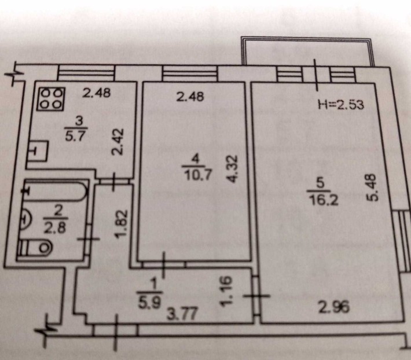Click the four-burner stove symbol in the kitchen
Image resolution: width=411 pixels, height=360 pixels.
[50, 99]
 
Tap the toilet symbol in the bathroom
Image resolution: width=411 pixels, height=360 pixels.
[35, 247]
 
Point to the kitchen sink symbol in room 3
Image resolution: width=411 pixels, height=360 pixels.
[39, 152]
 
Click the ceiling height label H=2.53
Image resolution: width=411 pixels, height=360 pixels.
[341, 105]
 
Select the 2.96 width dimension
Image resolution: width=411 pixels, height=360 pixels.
[333, 307]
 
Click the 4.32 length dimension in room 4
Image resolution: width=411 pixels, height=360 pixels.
[233, 169]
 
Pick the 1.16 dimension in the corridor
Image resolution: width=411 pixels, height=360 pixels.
[226, 291]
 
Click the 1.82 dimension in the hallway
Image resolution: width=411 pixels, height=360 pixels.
[122, 224]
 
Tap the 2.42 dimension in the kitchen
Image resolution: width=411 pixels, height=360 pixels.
[117, 142]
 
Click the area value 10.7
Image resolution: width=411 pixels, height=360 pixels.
[198, 175]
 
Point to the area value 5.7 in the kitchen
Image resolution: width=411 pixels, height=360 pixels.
[76, 136]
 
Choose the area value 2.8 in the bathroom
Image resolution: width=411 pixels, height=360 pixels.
[54, 228]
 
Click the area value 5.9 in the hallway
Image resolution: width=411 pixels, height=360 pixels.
[149, 303]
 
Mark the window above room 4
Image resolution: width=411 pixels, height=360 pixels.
[190, 74]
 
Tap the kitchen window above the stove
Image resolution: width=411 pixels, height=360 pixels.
[86, 72]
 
